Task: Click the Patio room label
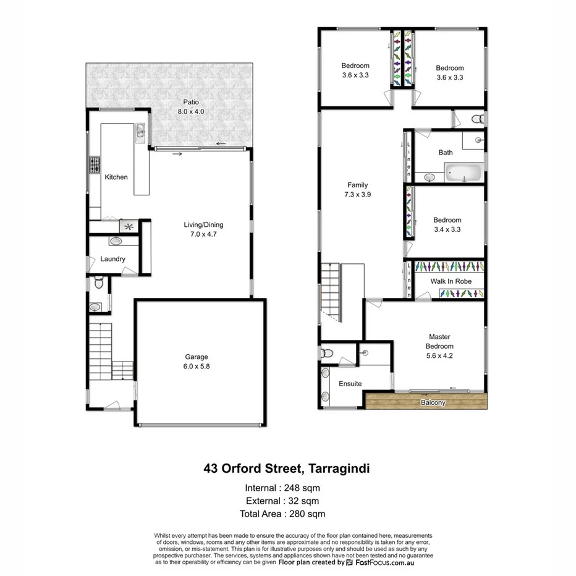click(x=190, y=102)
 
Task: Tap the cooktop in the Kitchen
click(x=95, y=165)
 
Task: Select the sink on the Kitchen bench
click(x=141, y=130)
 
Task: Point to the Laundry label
click(x=113, y=259)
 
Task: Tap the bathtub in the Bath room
click(x=463, y=172)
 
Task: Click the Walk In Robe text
click(x=451, y=281)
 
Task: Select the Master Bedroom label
click(x=441, y=342)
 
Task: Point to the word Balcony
click(x=433, y=403)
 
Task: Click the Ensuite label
click(x=350, y=384)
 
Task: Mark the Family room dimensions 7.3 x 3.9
click(x=357, y=194)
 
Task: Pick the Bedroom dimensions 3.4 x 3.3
click(x=447, y=229)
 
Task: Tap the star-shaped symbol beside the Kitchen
click(x=129, y=227)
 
